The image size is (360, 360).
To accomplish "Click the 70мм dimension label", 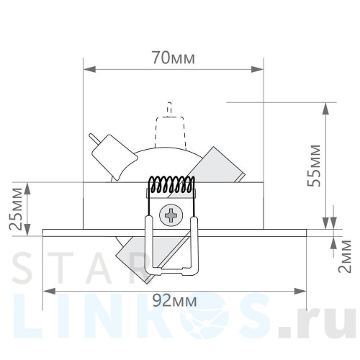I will point(173,58).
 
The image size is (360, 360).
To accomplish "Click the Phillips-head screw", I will point(172,215).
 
